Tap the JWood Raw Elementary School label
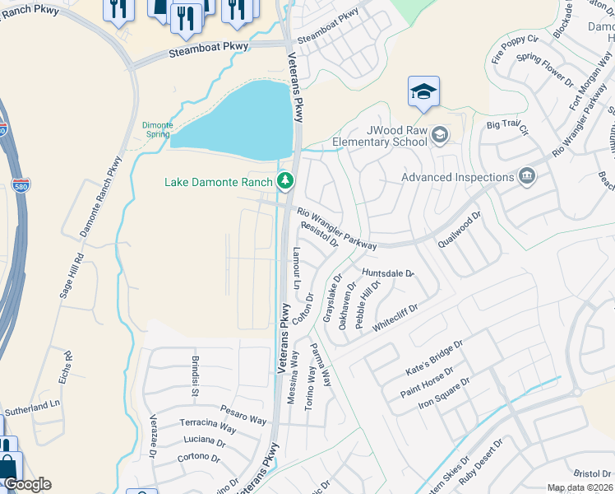(x=381, y=135)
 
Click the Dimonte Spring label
(x=157, y=128)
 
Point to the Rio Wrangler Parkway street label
(x=337, y=228)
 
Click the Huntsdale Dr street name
(x=388, y=273)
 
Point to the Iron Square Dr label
(x=444, y=394)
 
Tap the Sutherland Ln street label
(x=33, y=406)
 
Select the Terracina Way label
(x=208, y=424)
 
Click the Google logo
(x=27, y=484)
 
